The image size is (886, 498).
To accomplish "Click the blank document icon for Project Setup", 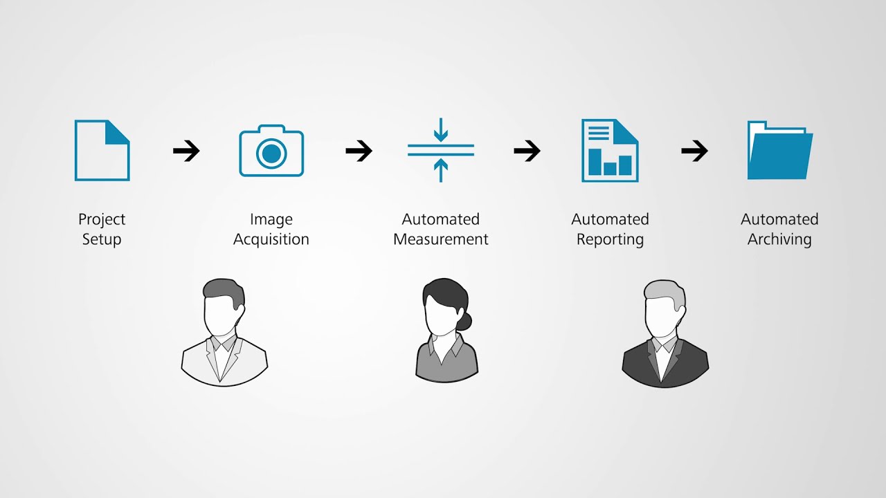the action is tap(102, 151).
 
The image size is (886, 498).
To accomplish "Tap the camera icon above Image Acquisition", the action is tap(271, 151).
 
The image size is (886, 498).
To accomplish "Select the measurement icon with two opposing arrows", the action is tap(441, 150).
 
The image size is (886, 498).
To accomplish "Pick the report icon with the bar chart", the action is tap(610, 151).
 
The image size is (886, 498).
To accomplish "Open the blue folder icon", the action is tap(779, 151).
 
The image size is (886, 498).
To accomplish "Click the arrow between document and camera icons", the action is tap(186, 151).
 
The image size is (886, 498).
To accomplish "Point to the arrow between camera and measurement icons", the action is tap(359, 151).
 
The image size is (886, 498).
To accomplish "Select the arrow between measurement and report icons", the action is tap(527, 151).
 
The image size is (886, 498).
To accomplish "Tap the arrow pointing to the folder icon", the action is tap(694, 151).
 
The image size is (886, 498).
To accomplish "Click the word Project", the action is tap(102, 219).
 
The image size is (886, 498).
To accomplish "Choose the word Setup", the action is tap(102, 239).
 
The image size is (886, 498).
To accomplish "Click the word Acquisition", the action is tap(271, 239).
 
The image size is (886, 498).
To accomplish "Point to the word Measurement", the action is tap(441, 239).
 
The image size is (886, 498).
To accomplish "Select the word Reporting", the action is tap(610, 239).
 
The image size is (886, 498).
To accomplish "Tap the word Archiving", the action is tap(779, 239).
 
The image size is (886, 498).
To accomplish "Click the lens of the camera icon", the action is tap(271, 154).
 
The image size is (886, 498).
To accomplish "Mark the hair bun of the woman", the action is tap(464, 320).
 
